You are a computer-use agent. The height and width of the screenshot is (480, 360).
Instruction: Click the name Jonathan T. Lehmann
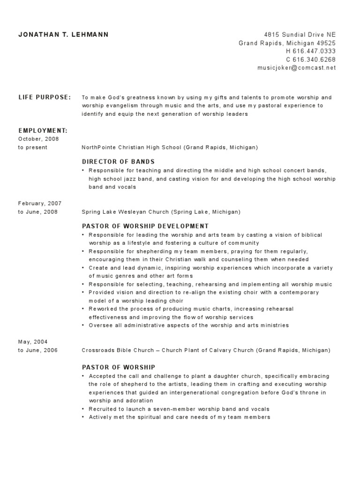coord(63,35)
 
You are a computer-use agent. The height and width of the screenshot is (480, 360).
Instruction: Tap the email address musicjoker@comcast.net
coord(297,67)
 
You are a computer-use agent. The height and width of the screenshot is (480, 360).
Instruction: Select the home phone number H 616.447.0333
coord(311,51)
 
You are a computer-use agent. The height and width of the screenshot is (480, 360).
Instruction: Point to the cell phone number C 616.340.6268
coord(311,60)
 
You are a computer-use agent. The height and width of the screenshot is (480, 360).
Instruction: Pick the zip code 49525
coord(326,43)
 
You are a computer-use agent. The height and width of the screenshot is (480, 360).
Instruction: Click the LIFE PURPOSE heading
coord(45,97)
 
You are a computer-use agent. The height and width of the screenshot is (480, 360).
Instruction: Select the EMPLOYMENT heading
coord(43,130)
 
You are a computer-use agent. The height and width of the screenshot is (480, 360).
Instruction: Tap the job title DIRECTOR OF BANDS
coord(118,162)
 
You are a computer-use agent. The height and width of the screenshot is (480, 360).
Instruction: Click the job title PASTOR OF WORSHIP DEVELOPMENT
coord(145,226)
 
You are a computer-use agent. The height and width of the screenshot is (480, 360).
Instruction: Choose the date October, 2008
coord(39,139)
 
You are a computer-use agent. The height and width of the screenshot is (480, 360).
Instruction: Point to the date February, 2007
coord(40,203)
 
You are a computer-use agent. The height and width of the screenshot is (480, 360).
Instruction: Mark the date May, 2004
coord(33,342)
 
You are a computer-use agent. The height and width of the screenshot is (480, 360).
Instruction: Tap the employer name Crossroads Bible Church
coord(113,350)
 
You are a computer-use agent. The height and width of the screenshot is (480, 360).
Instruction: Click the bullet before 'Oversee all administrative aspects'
coord(83,325)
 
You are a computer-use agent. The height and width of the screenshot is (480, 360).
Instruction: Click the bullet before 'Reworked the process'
coord(83,309)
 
